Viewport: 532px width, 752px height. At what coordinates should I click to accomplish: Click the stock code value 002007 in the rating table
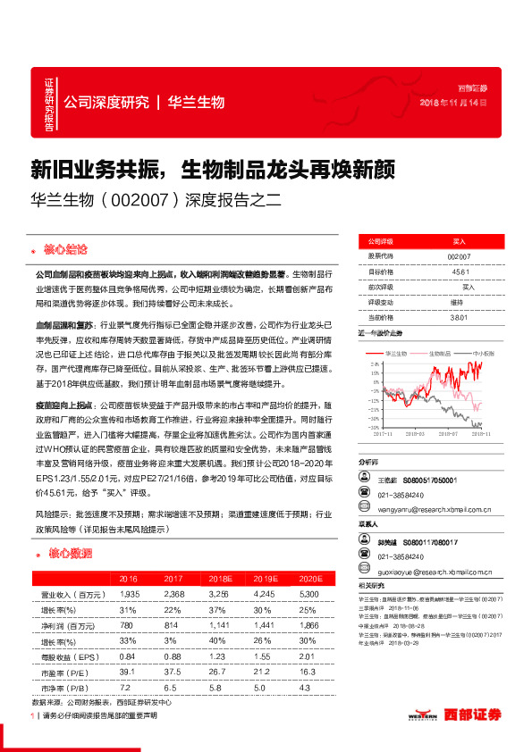pyautogui.click(x=458, y=255)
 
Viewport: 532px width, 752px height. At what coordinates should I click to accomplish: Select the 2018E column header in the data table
pyautogui.click(x=219, y=579)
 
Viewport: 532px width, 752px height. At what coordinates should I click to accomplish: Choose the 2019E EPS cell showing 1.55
pyautogui.click(x=263, y=659)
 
